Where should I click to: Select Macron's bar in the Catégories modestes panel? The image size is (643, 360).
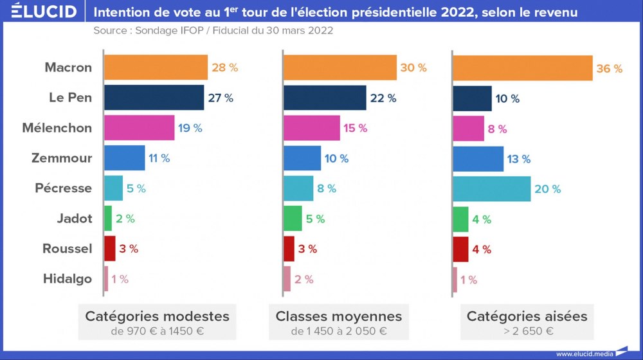[x=156, y=67]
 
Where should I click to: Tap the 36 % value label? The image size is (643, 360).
[x=610, y=68]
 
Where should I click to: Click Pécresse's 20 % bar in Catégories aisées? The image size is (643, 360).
[x=492, y=188]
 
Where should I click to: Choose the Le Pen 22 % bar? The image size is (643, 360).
[x=325, y=98]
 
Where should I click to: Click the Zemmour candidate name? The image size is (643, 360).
[x=62, y=158]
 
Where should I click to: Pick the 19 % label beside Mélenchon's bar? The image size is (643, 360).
[x=190, y=128]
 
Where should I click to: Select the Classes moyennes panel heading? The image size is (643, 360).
[x=338, y=316]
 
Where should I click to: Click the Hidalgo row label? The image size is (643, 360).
[x=68, y=279]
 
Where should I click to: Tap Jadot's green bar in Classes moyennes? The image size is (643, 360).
[x=293, y=219]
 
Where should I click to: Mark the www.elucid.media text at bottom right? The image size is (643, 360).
[x=584, y=354]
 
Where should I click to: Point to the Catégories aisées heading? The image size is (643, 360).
[x=527, y=316]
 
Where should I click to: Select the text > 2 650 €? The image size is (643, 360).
[x=527, y=332]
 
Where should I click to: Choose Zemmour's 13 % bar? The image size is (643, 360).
[x=478, y=158]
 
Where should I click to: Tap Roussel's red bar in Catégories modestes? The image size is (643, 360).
[x=109, y=249]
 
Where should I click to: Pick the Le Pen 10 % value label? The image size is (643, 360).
[x=507, y=98]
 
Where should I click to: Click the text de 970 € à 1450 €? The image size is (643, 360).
[x=157, y=332]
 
